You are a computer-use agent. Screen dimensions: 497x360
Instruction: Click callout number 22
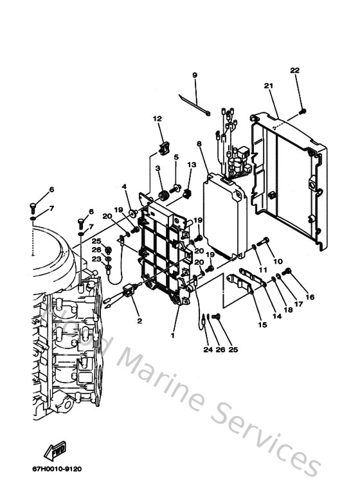tap(294, 70)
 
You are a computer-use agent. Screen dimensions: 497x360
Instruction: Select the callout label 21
tap(269, 86)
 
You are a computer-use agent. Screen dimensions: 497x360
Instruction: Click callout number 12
tap(157, 119)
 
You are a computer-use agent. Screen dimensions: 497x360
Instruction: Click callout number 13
tap(191, 165)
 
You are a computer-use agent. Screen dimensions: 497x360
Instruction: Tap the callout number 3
tap(158, 168)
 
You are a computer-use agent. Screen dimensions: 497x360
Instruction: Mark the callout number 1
tap(172, 335)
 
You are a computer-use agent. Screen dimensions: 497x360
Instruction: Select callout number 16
tap(310, 297)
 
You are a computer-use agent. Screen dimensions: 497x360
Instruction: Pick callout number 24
tap(208, 350)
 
